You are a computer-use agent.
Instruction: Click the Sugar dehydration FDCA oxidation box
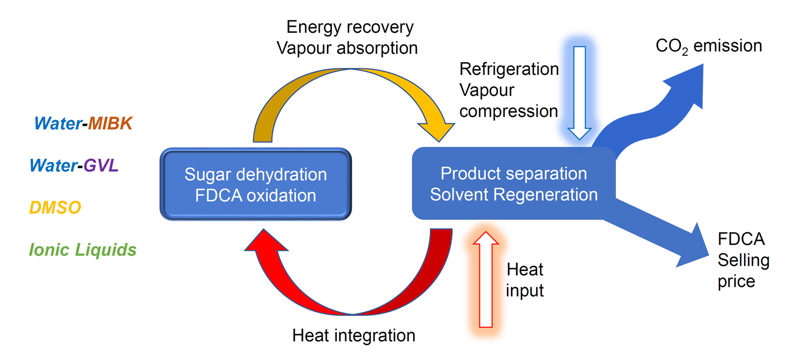pos(255,184)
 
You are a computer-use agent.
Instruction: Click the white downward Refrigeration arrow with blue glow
pos(580,92)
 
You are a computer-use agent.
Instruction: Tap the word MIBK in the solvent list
pos(110,123)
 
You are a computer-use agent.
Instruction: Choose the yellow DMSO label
pos(55,208)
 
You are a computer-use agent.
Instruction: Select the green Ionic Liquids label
pos(83,249)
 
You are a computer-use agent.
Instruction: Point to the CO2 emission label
pos(708,46)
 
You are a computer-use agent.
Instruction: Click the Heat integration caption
pos(354,335)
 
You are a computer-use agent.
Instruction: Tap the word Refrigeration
pos(509,69)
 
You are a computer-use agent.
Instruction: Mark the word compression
pos(509,111)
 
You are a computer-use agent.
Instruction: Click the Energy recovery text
pos(350,27)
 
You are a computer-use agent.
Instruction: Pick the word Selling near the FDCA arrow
pos(744,260)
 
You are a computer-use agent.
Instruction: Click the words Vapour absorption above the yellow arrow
pos(347,48)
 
